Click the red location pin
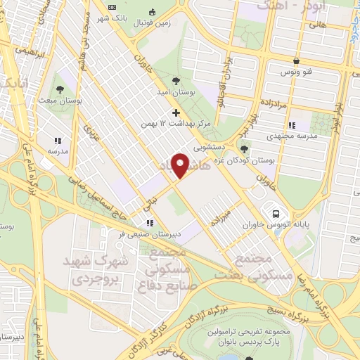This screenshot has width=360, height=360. (181, 165)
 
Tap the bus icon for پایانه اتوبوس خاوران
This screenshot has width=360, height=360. (276, 213)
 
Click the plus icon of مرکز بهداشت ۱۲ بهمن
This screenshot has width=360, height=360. (175, 112)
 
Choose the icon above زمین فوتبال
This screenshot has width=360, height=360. (153, 11)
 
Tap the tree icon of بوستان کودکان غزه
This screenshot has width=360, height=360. (245, 148)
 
